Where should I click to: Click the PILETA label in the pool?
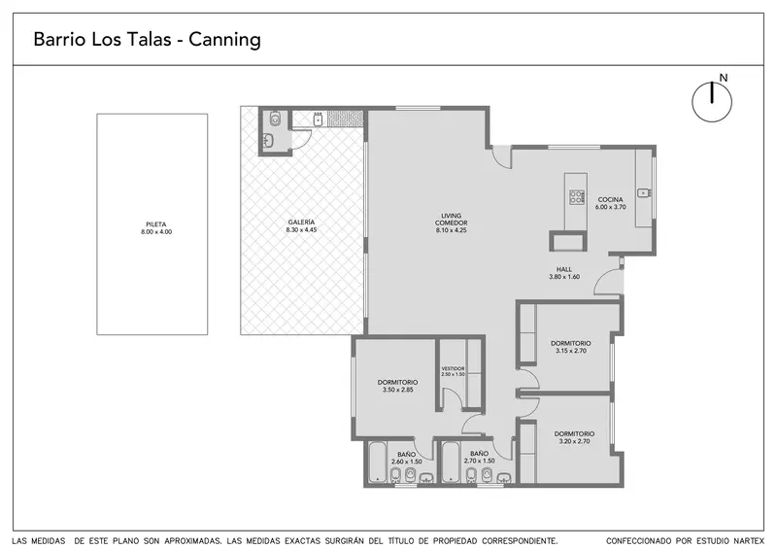pos(156,224)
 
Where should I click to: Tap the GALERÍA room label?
pos(301,223)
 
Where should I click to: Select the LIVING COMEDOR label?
pos(451,220)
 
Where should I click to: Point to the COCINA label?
pos(610,199)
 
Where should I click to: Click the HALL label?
pos(564,269)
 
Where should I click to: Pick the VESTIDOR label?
pos(453,368)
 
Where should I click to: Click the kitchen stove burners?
pos(576,197)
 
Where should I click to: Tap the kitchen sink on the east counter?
pos(644,192)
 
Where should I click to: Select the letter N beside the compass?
pos(724,78)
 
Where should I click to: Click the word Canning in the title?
pos(224,39)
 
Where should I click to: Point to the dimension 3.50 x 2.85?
pos(397,390)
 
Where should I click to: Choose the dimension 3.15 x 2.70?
pos(571,351)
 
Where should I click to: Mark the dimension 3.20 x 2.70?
pos(574,441)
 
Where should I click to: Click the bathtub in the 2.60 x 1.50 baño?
pos(378,463)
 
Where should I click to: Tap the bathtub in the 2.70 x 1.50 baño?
pos(451,463)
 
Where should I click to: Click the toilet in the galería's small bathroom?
pos(276,118)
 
